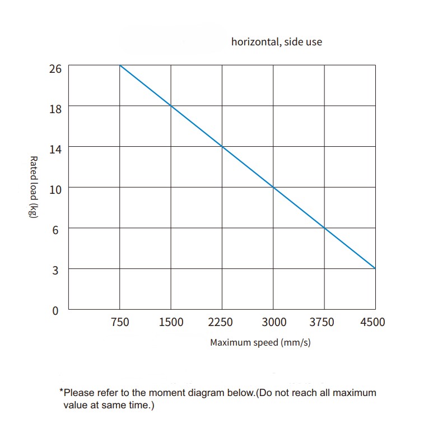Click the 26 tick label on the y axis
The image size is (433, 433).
(x=55, y=68)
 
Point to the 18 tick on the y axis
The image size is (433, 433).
(x=55, y=109)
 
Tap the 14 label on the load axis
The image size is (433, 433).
(x=55, y=150)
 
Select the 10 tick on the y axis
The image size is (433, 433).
(x=55, y=190)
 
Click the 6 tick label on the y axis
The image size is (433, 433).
(x=55, y=230)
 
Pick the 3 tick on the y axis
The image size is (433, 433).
(x=55, y=271)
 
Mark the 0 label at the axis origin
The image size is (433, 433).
(x=55, y=311)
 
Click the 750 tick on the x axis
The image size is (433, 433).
(x=120, y=322)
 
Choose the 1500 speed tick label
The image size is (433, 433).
(x=171, y=322)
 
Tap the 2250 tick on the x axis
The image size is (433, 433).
(x=220, y=322)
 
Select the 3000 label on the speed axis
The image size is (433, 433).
(x=274, y=322)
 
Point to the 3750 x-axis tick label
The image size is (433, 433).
(x=322, y=322)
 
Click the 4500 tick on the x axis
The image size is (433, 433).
(x=373, y=322)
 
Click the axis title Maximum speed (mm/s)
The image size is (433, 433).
(x=260, y=343)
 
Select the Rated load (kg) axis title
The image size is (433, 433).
(x=34, y=187)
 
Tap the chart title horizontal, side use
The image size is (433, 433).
(x=277, y=42)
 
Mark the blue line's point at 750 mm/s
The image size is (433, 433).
(x=120, y=65)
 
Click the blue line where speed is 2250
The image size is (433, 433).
(x=222, y=146)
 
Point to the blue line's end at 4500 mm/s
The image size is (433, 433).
(x=375, y=268)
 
